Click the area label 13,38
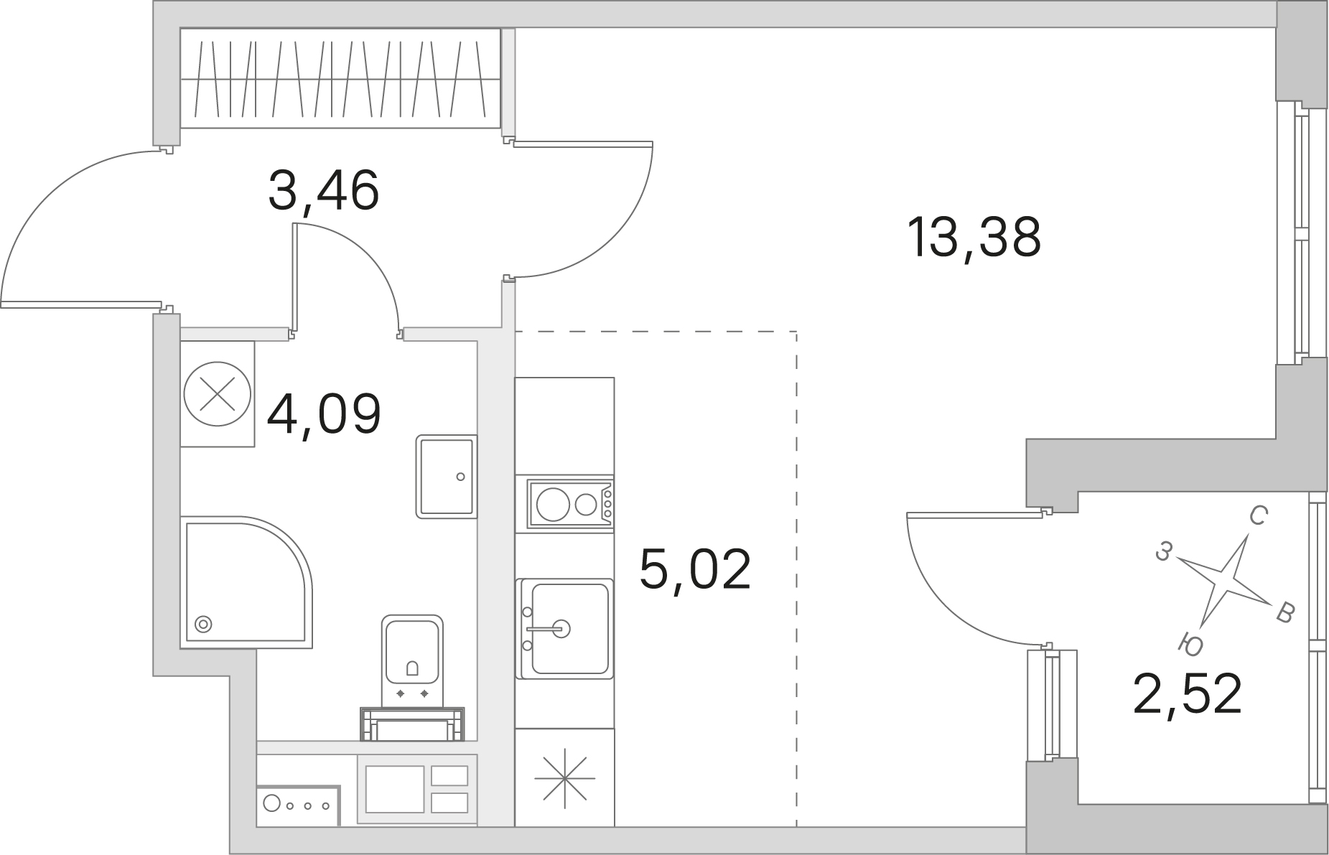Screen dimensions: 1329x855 point(974,238)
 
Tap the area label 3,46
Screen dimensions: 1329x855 point(323,191)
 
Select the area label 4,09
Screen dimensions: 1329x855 point(323,414)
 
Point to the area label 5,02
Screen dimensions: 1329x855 point(695,568)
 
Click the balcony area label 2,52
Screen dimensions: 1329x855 point(1188,694)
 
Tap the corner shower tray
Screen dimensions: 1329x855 point(246,582)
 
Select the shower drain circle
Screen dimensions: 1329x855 point(204,624)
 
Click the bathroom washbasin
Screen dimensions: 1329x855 point(447,477)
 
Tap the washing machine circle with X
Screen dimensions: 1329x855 point(218,394)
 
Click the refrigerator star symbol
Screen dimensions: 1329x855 point(565,777)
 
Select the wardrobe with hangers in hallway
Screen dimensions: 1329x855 point(340,78)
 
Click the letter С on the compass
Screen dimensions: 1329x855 point(1258,515)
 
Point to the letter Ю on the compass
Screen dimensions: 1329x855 point(1191,644)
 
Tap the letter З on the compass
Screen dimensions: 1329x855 point(1165,551)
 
